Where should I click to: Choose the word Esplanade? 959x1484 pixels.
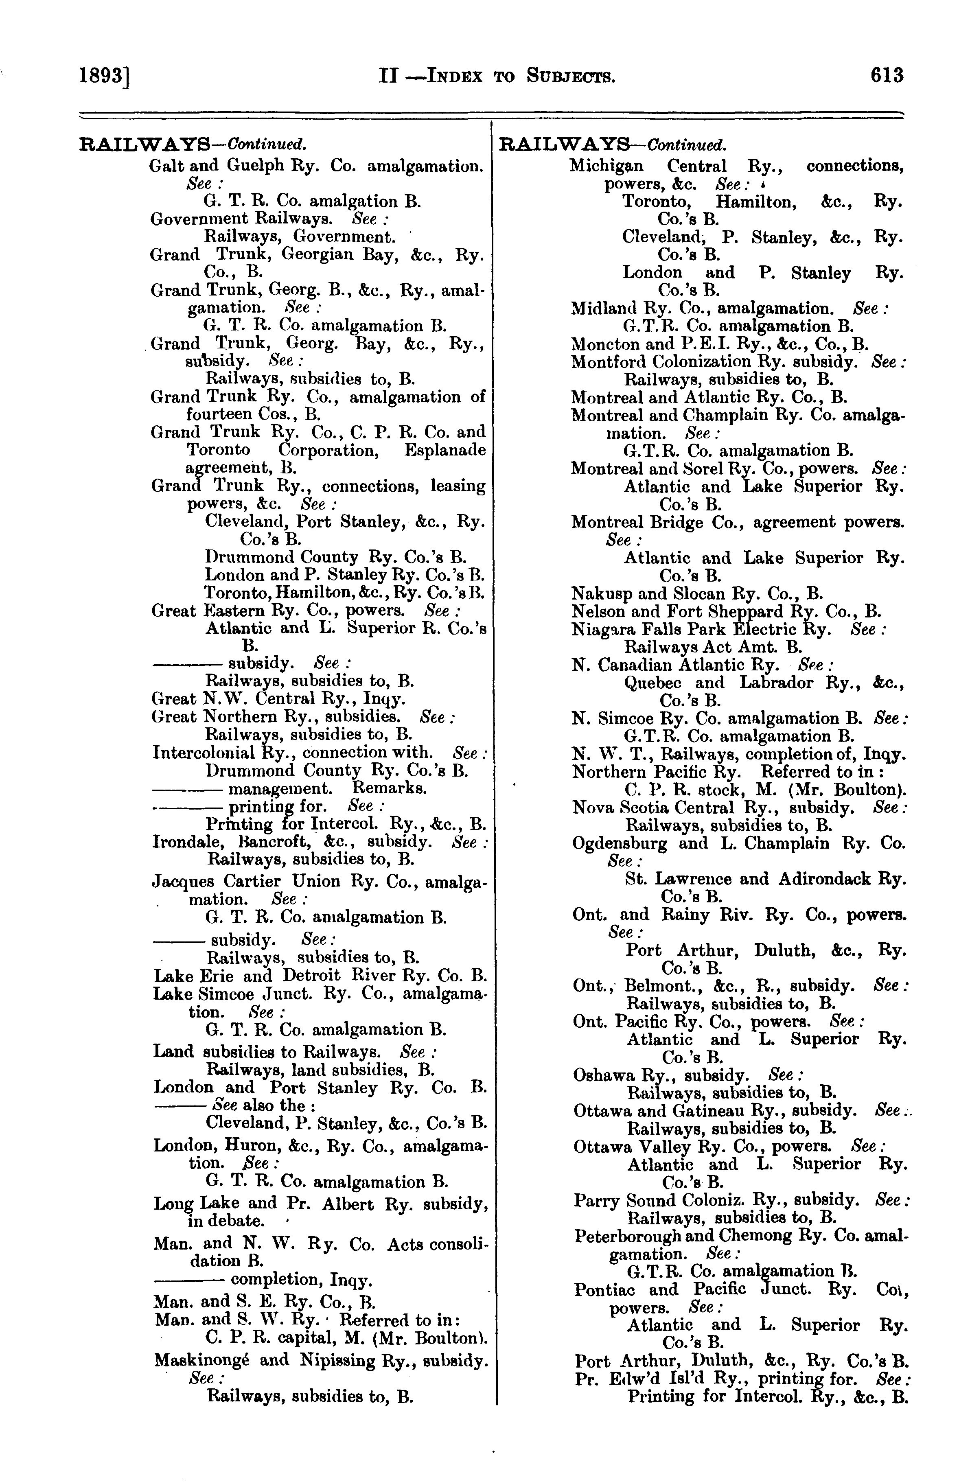point(444,450)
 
